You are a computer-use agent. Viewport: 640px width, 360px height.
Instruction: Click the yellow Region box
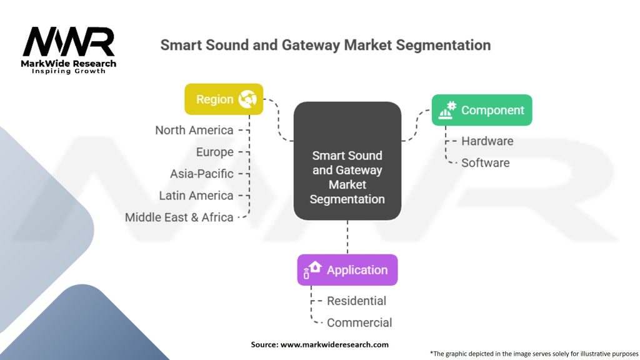tap(224, 99)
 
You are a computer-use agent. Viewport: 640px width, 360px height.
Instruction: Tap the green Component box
tap(482, 110)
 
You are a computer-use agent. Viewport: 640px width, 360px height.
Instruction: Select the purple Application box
tap(347, 270)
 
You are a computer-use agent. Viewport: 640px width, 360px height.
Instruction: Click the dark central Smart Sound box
tap(347, 161)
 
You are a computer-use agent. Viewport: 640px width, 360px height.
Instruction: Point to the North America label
tap(194, 130)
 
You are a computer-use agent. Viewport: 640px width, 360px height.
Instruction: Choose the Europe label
tap(215, 152)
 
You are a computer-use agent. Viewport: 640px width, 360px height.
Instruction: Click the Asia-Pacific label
tap(202, 174)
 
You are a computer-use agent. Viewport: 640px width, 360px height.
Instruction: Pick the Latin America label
tap(196, 196)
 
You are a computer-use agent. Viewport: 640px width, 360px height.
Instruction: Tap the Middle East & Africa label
tap(179, 217)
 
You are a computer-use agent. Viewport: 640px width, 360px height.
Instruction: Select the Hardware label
tap(487, 141)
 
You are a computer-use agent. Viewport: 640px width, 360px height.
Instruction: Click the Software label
tap(485, 163)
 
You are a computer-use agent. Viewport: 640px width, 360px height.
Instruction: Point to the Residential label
tap(356, 301)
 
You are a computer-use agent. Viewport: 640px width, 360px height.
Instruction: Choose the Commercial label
tap(359, 322)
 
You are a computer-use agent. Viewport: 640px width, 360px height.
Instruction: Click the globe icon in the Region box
tap(247, 99)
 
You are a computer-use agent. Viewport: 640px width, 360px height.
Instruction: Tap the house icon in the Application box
tap(315, 267)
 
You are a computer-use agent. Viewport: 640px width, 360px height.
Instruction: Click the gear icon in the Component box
tap(451, 106)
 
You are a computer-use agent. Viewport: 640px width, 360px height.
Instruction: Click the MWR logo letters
tap(69, 42)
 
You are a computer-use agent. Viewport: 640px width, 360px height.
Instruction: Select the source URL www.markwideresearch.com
tap(334, 344)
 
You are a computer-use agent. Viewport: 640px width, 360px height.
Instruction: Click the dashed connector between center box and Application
tap(347, 237)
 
